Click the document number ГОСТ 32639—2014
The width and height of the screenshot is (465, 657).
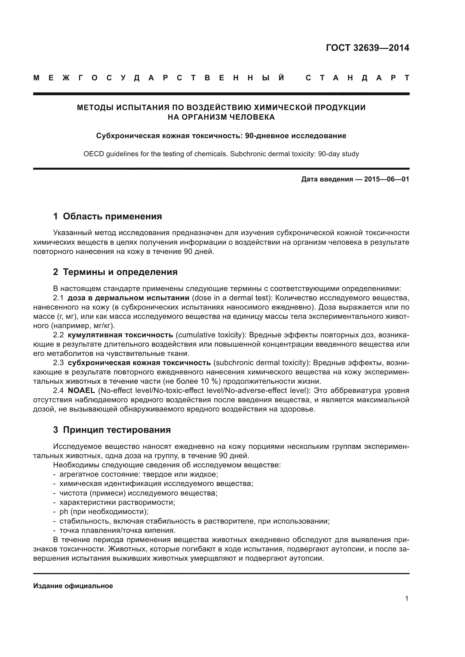coord(367,48)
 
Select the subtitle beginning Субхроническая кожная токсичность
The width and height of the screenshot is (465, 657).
coord(221,136)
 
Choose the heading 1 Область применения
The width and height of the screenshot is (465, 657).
coord(107,216)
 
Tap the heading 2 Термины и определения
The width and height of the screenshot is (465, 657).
coord(115,272)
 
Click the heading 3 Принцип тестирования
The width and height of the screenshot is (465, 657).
coord(112,430)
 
